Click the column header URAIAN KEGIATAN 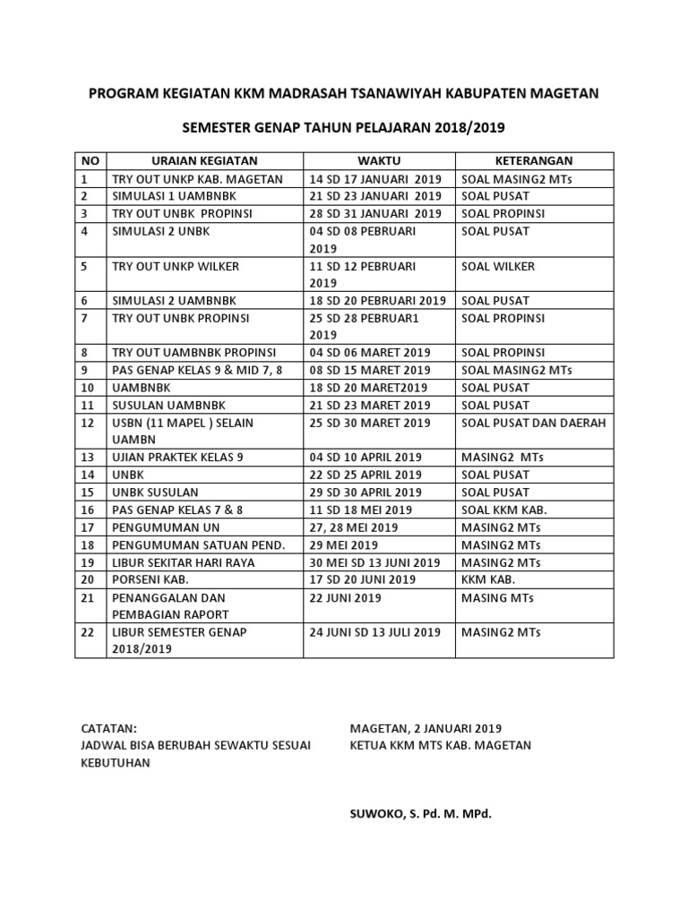pyautogui.click(x=204, y=160)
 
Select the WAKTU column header pyautogui.click(x=379, y=160)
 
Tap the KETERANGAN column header pyautogui.click(x=534, y=160)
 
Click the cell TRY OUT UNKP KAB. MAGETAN pyautogui.click(x=197, y=178)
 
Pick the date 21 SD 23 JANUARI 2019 pyautogui.click(x=375, y=196)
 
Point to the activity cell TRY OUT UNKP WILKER pyautogui.click(x=176, y=266)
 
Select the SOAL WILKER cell pyautogui.click(x=497, y=266)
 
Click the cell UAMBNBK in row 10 pyautogui.click(x=141, y=388)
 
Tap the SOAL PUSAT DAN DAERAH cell pyautogui.click(x=533, y=423)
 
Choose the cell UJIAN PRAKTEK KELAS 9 pyautogui.click(x=177, y=458)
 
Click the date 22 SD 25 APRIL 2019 pyautogui.click(x=365, y=475)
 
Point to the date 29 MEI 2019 pyautogui.click(x=343, y=544)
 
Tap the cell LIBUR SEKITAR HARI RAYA pyautogui.click(x=183, y=562)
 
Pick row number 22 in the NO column pyautogui.click(x=89, y=632)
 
